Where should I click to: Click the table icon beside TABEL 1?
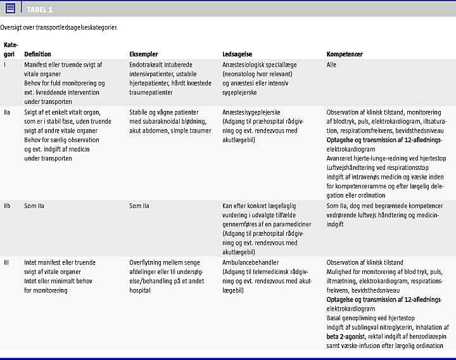[x=9, y=8]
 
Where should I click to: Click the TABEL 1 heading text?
[x=40, y=9]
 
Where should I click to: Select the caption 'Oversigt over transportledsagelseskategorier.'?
[x=59, y=27]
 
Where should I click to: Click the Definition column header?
[x=38, y=55]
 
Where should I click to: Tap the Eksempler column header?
[x=144, y=55]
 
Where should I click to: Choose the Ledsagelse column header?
[x=239, y=55]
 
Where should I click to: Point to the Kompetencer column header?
[x=345, y=55]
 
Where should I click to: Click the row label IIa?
[x=8, y=112]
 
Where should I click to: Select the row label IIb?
[x=8, y=206]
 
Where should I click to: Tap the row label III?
[x=6, y=262]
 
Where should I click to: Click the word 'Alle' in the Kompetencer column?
[x=332, y=65]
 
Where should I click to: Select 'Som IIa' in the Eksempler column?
[x=139, y=206]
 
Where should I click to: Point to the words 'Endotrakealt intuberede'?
[x=160, y=65]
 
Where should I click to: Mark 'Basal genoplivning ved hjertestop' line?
[x=370, y=318]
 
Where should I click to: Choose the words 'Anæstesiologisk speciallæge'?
[x=260, y=65]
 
